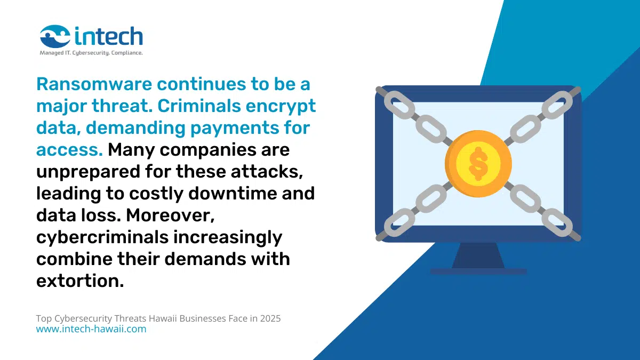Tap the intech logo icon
(x=55, y=37)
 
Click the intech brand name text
(x=109, y=36)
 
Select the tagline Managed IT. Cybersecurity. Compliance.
(x=91, y=53)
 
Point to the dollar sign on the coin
(x=478, y=163)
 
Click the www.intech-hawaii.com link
(x=91, y=329)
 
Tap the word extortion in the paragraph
(x=79, y=281)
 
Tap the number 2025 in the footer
(x=270, y=318)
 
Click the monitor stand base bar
(x=478, y=271)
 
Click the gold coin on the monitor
(x=478, y=163)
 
